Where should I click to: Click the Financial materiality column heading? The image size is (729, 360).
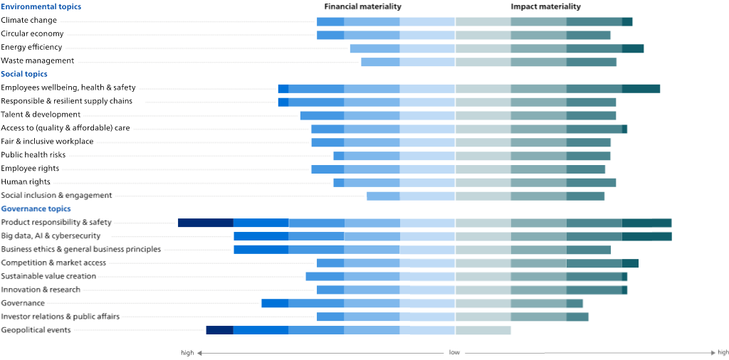pos(362,6)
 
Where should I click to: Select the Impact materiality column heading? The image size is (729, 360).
pos(546,6)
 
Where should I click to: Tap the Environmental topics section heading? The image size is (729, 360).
pos(41,6)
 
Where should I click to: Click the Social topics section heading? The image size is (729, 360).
pos(24,74)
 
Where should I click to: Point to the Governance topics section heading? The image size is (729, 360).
pos(36,208)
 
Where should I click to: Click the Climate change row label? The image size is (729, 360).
pos(28,21)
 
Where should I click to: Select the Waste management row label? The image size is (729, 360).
pos(37,61)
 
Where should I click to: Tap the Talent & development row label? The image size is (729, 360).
pos(41,115)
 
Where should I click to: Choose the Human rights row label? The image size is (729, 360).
pos(26,181)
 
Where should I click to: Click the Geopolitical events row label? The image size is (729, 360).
pos(36,330)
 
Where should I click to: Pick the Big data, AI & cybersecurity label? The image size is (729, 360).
pos(51,236)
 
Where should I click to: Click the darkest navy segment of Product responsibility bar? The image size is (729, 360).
pos(206,223)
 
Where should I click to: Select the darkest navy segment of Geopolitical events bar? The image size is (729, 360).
pos(219,330)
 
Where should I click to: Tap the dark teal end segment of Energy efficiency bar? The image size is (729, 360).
pos(633,48)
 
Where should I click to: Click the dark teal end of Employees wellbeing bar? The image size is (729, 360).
pos(641,89)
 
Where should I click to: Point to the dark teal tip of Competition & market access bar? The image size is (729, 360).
pos(630,263)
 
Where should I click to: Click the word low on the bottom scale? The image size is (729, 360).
pos(454,353)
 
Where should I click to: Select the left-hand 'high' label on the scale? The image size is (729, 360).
pos(187,353)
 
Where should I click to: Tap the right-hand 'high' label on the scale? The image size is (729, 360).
pos(723,353)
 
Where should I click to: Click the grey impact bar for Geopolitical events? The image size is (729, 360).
pos(483,330)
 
